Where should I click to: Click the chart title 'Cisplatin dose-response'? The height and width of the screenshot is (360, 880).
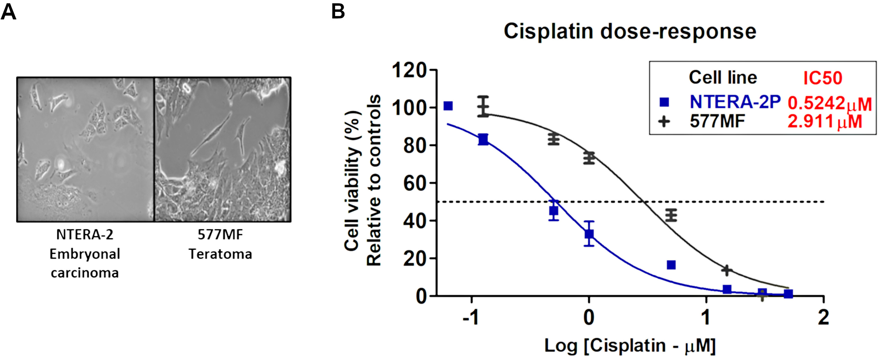point(630,32)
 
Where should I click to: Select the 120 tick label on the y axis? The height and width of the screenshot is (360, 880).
point(409,71)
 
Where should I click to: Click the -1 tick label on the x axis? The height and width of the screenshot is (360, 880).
point(472,318)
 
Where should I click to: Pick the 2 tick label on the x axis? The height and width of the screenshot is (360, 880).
point(824,318)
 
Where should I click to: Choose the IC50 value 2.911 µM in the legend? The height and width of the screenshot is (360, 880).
point(825,121)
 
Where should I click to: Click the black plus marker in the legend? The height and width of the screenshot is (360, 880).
point(664,121)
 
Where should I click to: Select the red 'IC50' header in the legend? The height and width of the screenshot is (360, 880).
point(823,78)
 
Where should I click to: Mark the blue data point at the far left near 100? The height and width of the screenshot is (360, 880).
point(448,106)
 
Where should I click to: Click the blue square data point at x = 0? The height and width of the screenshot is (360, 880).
point(589,234)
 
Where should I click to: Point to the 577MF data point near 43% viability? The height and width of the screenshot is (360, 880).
point(671,215)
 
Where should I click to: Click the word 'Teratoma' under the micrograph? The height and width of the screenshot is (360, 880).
point(220,254)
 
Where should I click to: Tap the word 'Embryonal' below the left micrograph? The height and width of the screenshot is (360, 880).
point(85,254)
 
